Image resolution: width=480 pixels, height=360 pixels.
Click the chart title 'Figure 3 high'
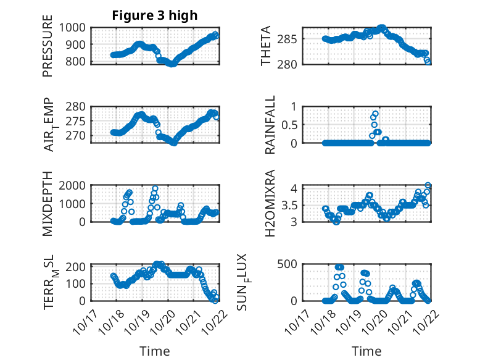click(x=155, y=15)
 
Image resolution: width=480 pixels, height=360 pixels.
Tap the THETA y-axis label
click(x=267, y=45)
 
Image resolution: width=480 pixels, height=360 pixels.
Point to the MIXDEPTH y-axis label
click(x=48, y=203)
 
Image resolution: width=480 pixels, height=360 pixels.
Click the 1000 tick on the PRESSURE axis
click(x=75, y=28)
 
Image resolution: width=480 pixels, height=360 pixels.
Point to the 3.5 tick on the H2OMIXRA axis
click(x=291, y=205)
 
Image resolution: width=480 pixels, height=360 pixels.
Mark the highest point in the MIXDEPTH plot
click(x=155, y=188)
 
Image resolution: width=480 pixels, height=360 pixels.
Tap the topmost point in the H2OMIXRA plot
click(x=428, y=185)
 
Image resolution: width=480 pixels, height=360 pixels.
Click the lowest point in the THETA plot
click(x=428, y=61)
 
